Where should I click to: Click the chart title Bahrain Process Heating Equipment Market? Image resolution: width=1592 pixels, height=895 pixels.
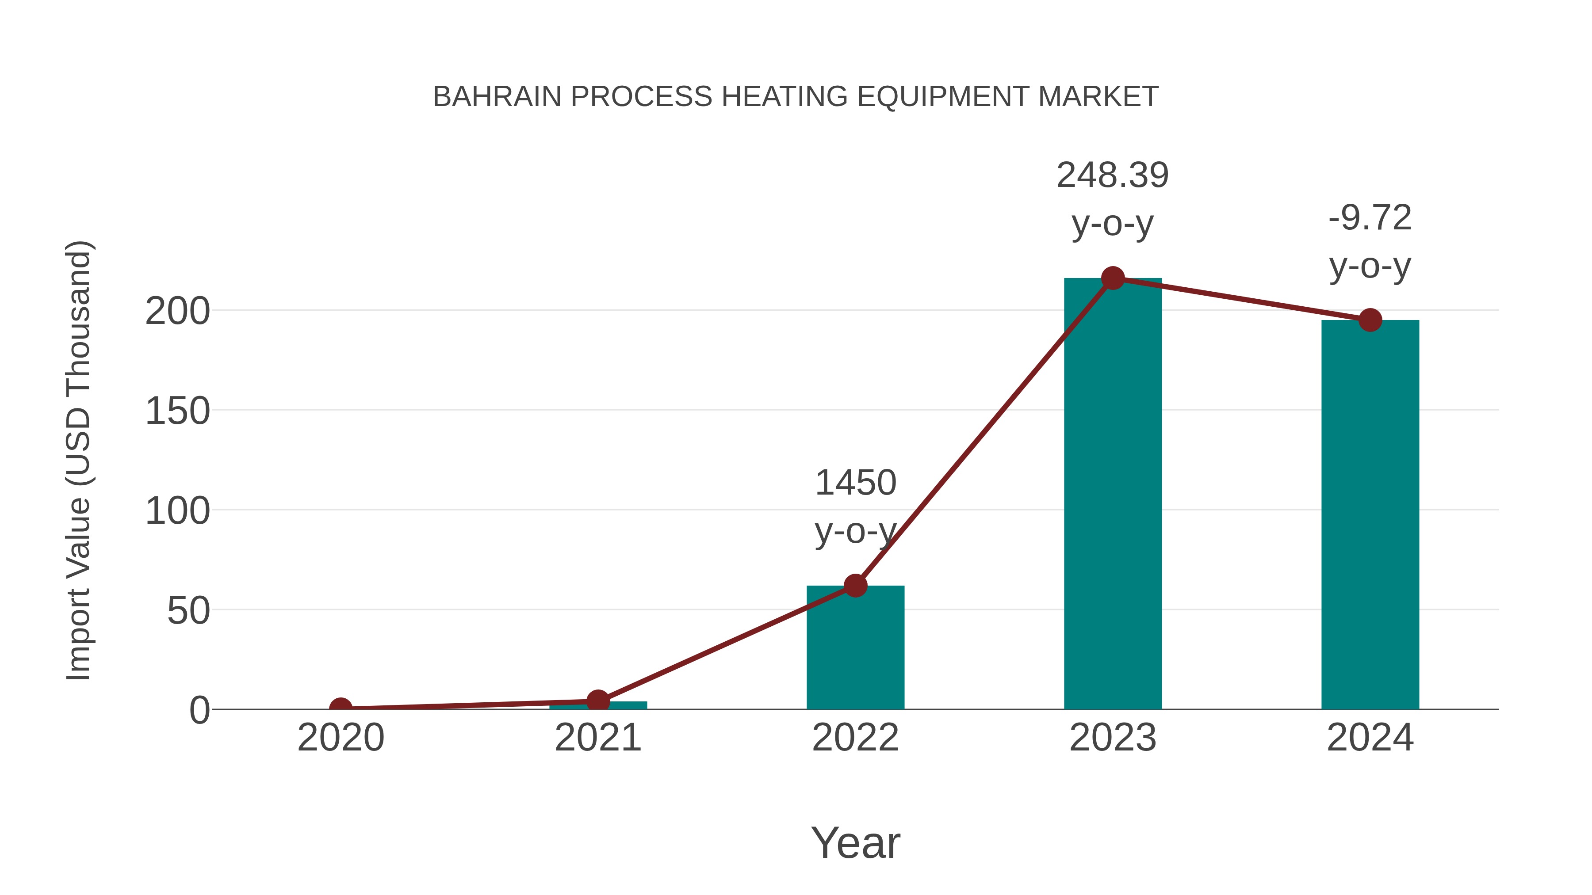pos(796,97)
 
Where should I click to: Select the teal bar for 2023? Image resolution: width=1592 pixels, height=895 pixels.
pos(1113,494)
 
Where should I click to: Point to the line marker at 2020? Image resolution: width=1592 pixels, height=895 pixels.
pos(341,708)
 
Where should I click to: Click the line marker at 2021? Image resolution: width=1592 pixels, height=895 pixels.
pos(597,701)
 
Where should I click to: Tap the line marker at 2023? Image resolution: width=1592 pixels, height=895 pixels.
pos(1113,278)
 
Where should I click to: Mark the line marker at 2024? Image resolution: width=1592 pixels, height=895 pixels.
pos(1370,320)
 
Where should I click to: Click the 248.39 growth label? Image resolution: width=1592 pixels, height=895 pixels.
pos(1113,175)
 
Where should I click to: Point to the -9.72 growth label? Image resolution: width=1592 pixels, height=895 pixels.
pos(1370,218)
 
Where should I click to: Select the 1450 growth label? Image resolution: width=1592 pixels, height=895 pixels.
pos(855,483)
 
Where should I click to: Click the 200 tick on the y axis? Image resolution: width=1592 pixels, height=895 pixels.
pos(177,311)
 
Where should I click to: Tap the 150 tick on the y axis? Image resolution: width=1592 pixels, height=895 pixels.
pos(177,411)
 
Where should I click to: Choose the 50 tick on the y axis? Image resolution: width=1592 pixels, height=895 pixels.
pos(188,612)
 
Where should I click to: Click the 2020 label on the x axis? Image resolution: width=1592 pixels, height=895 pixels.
pos(341,738)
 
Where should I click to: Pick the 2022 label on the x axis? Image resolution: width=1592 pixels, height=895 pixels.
pos(855,738)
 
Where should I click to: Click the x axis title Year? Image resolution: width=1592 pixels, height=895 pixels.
pos(855,842)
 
